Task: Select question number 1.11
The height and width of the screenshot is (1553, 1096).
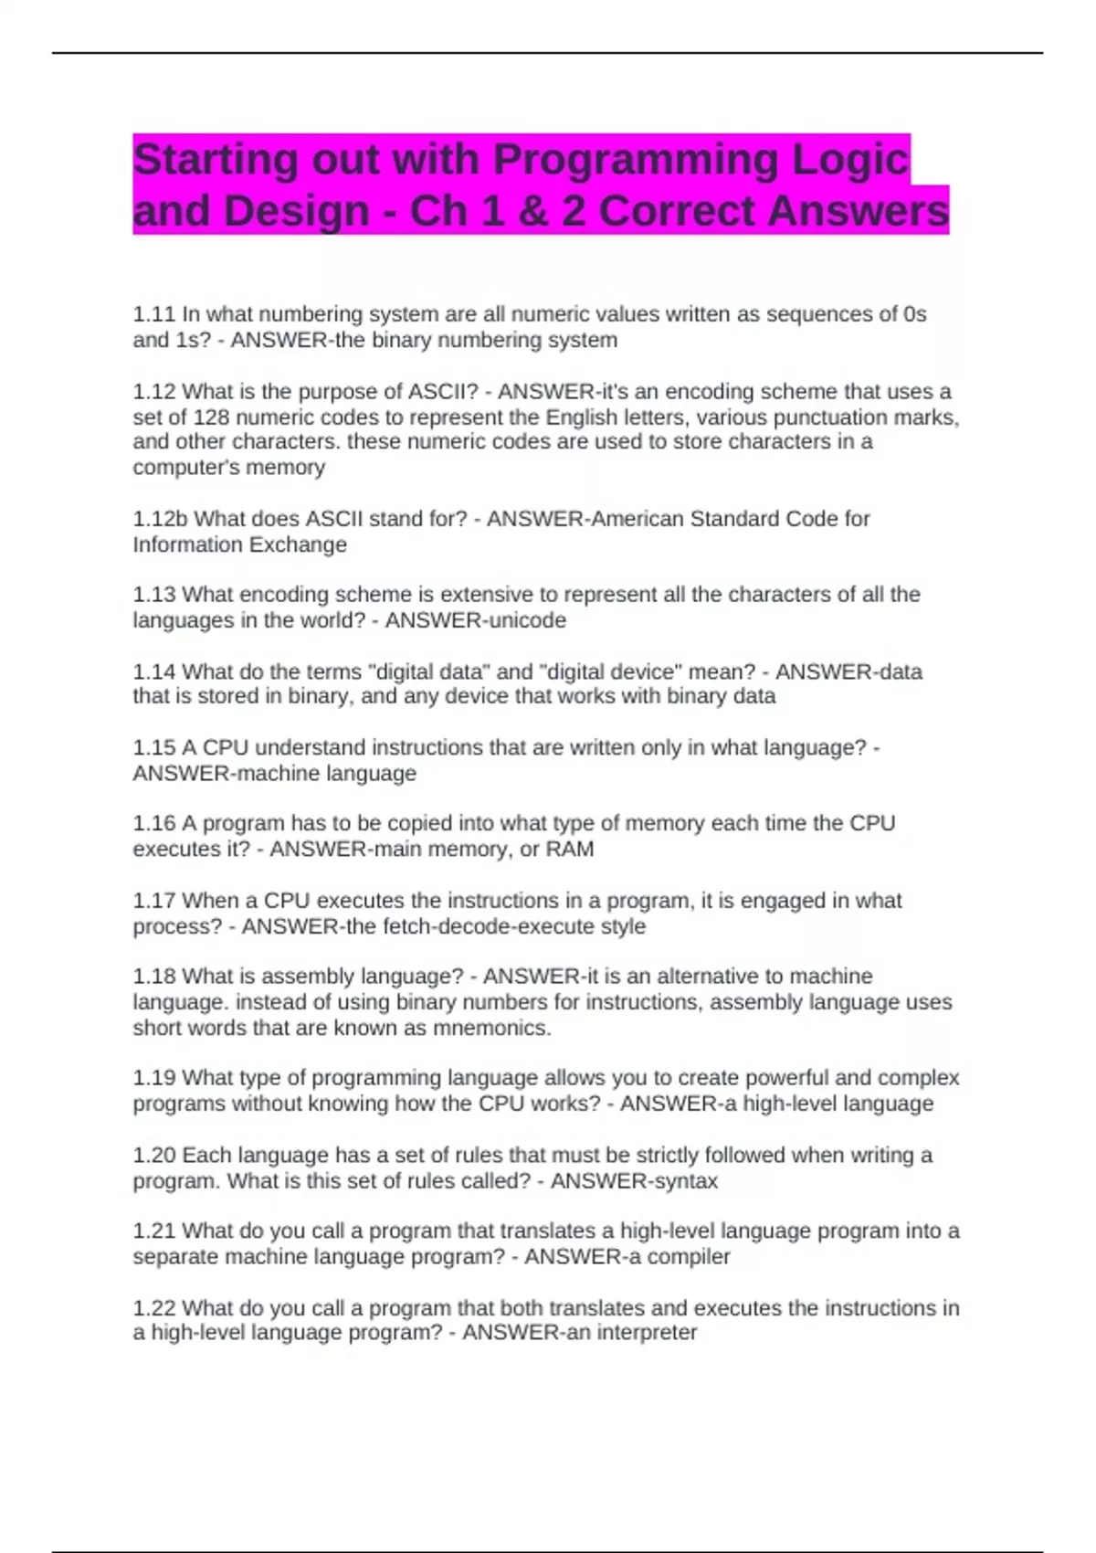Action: pos(153,314)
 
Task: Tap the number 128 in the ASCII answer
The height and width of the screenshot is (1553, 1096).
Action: pos(211,417)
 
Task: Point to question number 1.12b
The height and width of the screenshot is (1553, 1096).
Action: pos(160,519)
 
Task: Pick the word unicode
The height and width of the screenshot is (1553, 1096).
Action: pos(529,620)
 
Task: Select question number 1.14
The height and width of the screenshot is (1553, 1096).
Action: pos(153,671)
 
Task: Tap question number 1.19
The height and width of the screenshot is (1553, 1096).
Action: pos(153,1078)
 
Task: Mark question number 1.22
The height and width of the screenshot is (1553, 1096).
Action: pos(153,1308)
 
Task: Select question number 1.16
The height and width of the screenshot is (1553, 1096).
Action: pos(153,823)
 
